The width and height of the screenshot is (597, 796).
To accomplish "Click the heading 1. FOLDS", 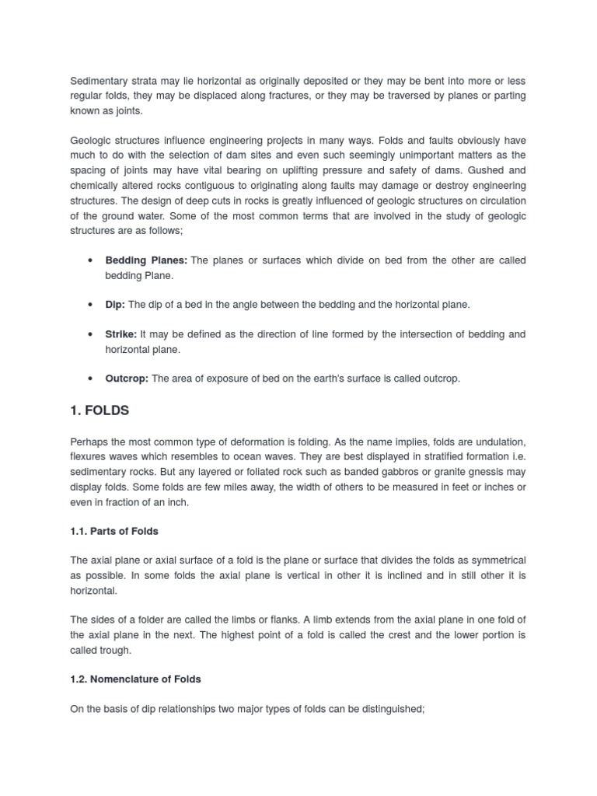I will (99, 410).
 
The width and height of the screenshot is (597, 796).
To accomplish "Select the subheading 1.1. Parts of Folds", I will (114, 531).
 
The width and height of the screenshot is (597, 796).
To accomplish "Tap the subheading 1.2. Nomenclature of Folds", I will (135, 679).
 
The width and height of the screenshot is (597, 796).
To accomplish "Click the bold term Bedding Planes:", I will (146, 260).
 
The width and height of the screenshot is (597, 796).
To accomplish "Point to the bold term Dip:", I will (115, 305).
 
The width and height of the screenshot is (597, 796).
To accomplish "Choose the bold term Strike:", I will (121, 334).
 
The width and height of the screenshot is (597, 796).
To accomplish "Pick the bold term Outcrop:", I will (127, 379).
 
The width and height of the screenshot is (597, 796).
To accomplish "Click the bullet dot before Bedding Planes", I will (92, 260).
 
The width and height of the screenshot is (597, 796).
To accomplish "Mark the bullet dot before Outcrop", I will (92, 379).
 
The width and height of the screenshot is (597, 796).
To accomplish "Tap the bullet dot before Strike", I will (92, 334).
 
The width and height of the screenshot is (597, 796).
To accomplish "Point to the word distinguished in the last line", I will (386, 709).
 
